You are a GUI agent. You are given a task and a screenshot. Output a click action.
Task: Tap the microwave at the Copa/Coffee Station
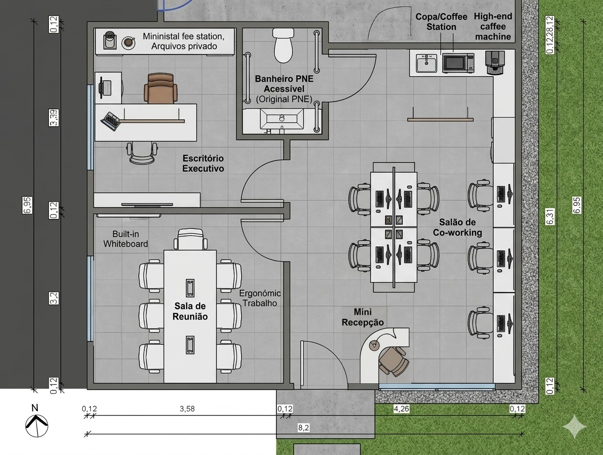(458, 63)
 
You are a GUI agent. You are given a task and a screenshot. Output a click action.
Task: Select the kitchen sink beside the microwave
(427, 63)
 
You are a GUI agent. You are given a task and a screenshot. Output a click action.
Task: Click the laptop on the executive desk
(110, 121)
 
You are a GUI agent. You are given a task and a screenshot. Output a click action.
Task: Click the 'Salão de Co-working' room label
(457, 227)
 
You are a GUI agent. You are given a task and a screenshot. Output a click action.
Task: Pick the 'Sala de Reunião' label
(191, 311)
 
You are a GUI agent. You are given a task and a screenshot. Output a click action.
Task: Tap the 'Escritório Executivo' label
(203, 164)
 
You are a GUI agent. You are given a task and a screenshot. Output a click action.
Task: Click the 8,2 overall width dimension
(304, 428)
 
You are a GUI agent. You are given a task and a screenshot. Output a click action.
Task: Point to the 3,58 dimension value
(187, 408)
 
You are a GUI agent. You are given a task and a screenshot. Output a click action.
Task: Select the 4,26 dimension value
(401, 408)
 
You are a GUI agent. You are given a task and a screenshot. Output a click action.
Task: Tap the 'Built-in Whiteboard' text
(125, 239)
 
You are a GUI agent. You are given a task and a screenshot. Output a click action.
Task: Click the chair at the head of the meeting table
(191, 239)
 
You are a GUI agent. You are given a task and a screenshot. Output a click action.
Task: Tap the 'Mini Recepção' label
(363, 317)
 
